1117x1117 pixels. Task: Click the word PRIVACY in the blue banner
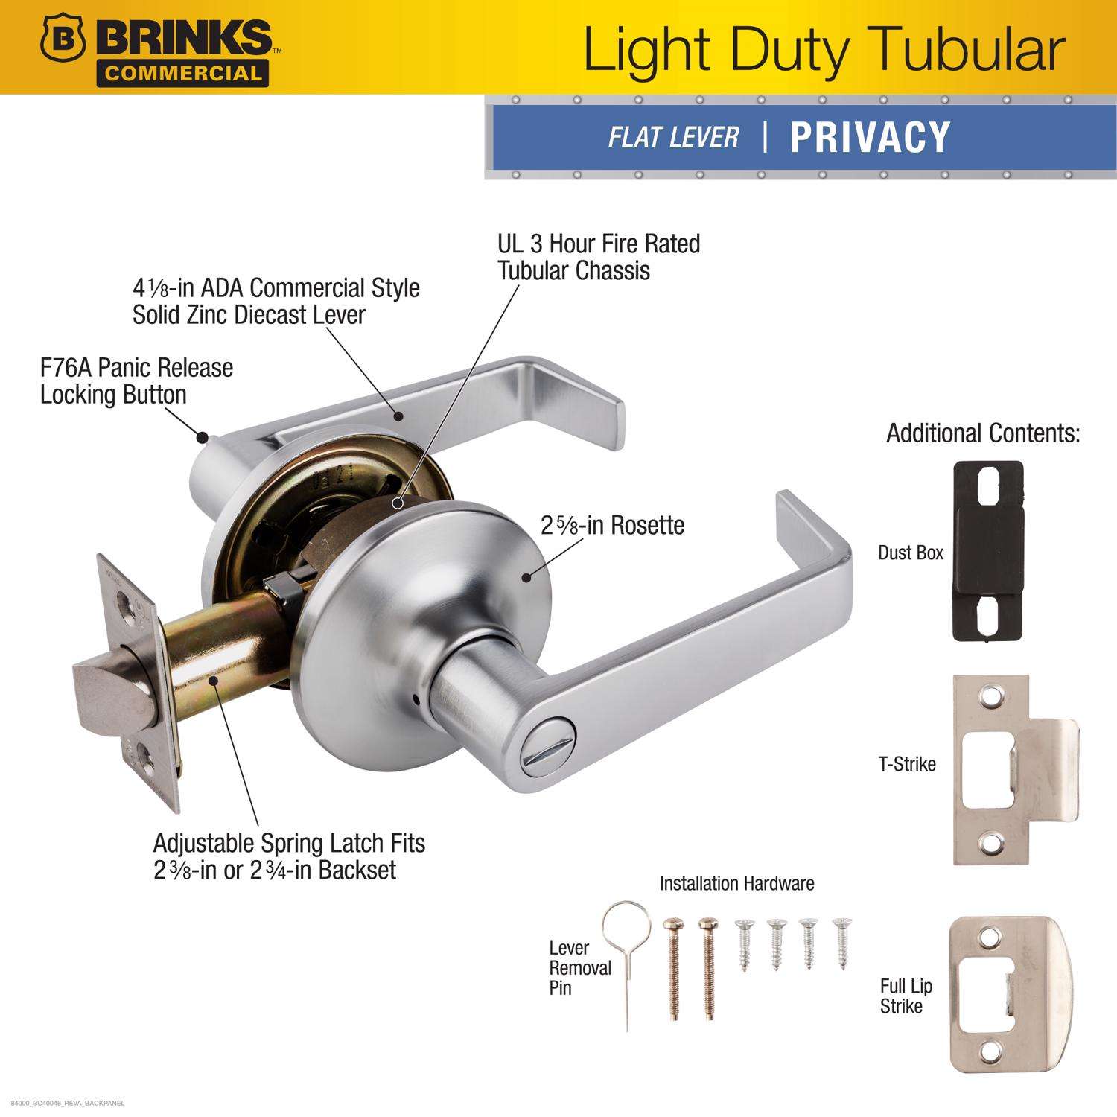[x=870, y=137]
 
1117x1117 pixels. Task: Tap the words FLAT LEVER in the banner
[x=673, y=137]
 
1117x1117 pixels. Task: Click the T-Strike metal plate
[x=1014, y=769]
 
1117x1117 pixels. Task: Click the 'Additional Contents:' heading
[x=983, y=433]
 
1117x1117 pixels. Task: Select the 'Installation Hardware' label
[x=736, y=883]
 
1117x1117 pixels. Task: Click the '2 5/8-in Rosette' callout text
[x=612, y=526]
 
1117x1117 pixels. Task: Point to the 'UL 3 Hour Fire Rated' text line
[x=599, y=244]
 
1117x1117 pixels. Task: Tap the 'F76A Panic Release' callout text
[x=137, y=368]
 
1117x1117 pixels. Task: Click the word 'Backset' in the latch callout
[x=357, y=870]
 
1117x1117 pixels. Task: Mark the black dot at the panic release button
[x=201, y=437]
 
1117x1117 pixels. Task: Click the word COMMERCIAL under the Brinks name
[x=183, y=73]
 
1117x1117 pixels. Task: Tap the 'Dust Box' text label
[x=911, y=553]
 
